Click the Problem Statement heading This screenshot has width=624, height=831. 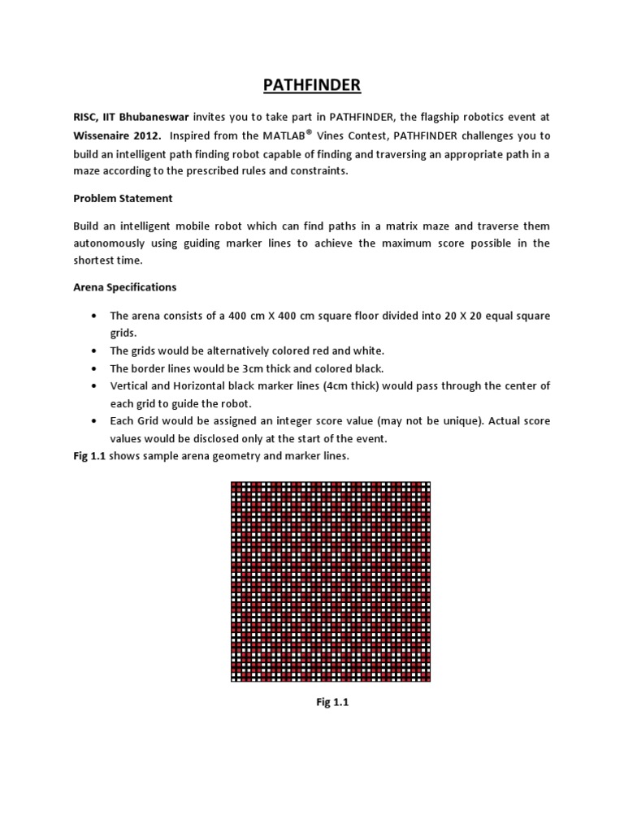(123, 198)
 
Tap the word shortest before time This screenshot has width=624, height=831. (95, 260)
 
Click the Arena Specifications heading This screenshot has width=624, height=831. (125, 287)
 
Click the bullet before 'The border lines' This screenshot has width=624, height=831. (96, 368)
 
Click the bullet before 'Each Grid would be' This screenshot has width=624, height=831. (96, 420)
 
